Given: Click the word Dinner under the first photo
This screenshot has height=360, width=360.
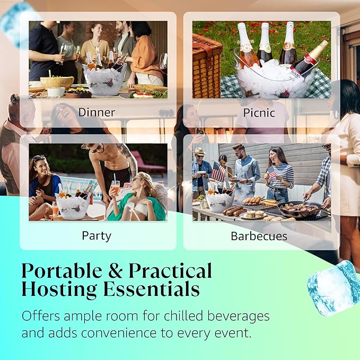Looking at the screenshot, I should click(97, 112).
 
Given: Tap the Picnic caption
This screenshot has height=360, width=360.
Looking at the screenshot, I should click(259, 112).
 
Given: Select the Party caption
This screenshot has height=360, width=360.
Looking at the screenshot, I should click(96, 235).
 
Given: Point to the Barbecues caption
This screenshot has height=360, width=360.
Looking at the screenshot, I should click(258, 235).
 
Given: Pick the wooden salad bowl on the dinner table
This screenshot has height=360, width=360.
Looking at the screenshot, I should click(57, 82).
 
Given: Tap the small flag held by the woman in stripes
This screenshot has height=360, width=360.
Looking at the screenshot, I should click(271, 172).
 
